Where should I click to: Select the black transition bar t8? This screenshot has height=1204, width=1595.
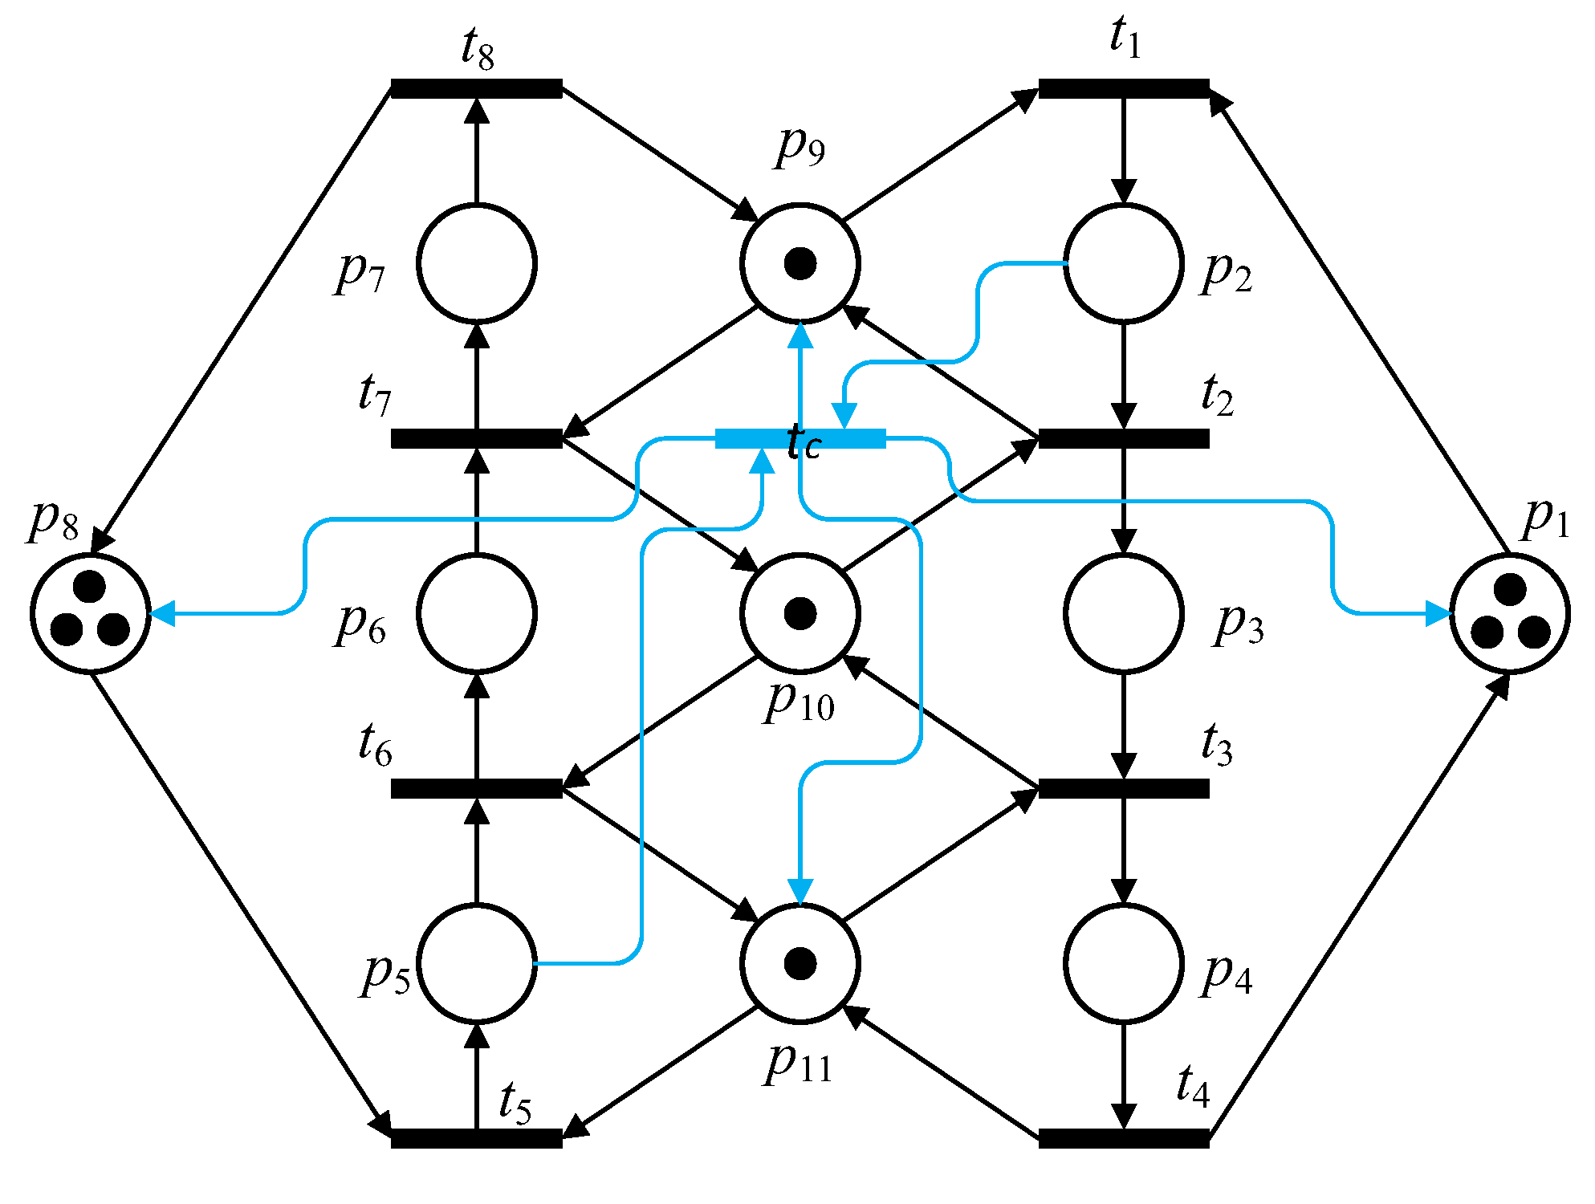pyautogui.click(x=476, y=88)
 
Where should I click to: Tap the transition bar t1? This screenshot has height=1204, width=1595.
pyautogui.click(x=1123, y=88)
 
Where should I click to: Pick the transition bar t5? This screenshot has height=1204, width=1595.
pyautogui.click(x=476, y=1138)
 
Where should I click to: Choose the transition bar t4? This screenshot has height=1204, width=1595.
pyautogui.click(x=1123, y=1138)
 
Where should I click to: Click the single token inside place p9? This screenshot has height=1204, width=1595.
pyautogui.click(x=800, y=263)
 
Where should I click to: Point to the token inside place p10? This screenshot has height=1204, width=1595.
pyautogui.click(x=800, y=613)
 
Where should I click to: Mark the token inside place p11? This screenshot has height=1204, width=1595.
pyautogui.click(x=800, y=963)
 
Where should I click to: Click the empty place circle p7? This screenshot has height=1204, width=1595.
pyautogui.click(x=477, y=263)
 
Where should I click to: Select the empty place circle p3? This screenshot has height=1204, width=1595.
pyautogui.click(x=1123, y=613)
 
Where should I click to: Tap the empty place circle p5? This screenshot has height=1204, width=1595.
pyautogui.click(x=477, y=963)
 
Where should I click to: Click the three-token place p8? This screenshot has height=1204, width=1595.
pyautogui.click(x=91, y=613)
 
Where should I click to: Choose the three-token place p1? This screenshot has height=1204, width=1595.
pyautogui.click(x=1510, y=613)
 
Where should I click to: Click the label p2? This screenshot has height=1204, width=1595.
pyautogui.click(x=1227, y=273)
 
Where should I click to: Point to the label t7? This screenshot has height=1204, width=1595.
pyautogui.click(x=375, y=395)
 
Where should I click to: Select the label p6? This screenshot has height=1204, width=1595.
pyautogui.click(x=360, y=624)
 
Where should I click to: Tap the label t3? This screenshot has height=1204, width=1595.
pyautogui.click(x=1216, y=743)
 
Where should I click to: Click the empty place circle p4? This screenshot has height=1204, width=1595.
pyautogui.click(x=1123, y=963)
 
